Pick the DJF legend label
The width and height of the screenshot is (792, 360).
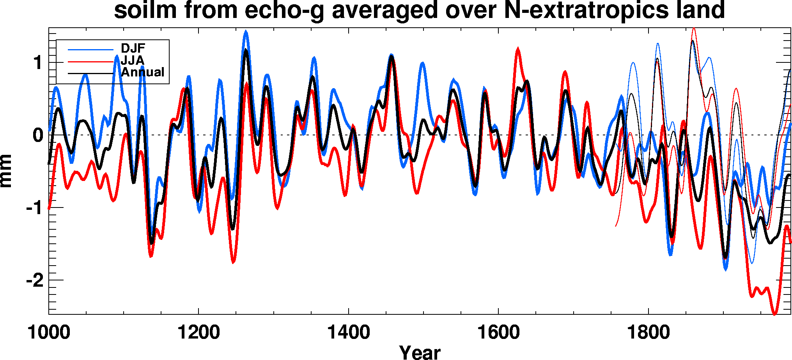pyautogui.click(x=133, y=48)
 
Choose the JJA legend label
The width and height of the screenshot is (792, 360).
pyautogui.click(x=133, y=60)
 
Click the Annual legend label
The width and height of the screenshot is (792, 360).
pyautogui.click(x=143, y=72)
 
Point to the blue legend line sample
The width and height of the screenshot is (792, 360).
pyautogui.click(x=90, y=50)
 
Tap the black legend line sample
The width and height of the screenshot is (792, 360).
pyautogui.click(x=90, y=73)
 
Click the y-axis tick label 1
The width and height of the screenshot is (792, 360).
pyautogui.click(x=38, y=63)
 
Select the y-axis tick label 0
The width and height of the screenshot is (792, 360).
pyautogui.click(x=38, y=135)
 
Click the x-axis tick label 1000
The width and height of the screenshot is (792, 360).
pyautogui.click(x=49, y=333)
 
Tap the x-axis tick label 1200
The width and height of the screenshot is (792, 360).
pyautogui.click(x=198, y=333)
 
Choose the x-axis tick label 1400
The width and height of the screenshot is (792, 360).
pyautogui.click(x=349, y=333)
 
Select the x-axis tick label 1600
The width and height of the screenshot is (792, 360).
pyautogui.click(x=498, y=333)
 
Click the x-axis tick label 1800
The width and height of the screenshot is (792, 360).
pyautogui.click(x=648, y=333)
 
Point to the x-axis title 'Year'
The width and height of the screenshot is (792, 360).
pyautogui.click(x=420, y=352)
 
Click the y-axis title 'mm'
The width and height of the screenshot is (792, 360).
pyautogui.click(x=6, y=171)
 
